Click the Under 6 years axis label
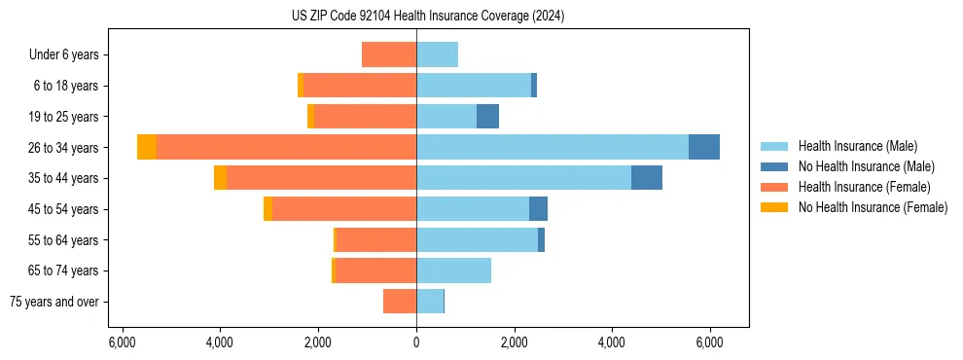pos(63,55)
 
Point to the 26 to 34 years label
pos(64,148)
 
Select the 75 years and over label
pos(54,302)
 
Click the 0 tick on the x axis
pos(416,342)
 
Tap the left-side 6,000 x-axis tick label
pos(122,342)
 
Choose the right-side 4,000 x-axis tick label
pos(612,342)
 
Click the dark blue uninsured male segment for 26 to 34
pos(704,147)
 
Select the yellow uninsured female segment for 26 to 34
pos(147,147)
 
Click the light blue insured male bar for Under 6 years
pos(437,54)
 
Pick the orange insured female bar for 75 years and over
pos(400,302)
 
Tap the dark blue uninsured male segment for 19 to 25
pos(487,117)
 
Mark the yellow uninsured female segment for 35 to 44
pos(220,178)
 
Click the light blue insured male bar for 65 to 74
pos(453,270)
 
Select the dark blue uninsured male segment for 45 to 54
pos(538,209)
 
